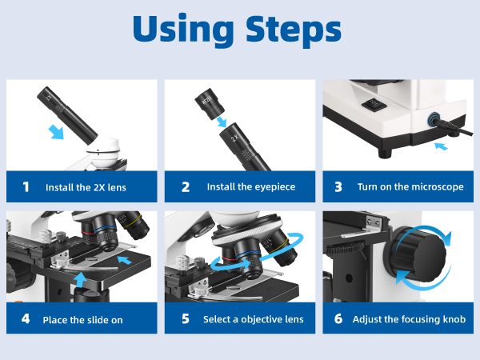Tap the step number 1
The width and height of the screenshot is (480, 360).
pyautogui.click(x=26, y=187)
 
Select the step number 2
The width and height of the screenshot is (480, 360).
pyautogui.click(x=185, y=187)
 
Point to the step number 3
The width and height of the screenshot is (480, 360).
pyautogui.click(x=338, y=187)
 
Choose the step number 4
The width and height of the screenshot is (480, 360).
pyautogui.click(x=26, y=318)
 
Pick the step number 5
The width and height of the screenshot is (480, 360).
pyautogui.click(x=185, y=318)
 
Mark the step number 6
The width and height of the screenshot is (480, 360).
pyautogui.click(x=338, y=318)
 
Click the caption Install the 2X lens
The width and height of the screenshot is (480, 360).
pyautogui.click(x=85, y=187)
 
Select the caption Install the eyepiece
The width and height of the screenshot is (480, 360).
pyautogui.click(x=250, y=187)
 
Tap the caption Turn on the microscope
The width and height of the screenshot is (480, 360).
pyautogui.click(x=410, y=187)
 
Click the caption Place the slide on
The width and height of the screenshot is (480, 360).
pyautogui.click(x=83, y=318)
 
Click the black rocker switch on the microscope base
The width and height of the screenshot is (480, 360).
pyautogui.click(x=374, y=103)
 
